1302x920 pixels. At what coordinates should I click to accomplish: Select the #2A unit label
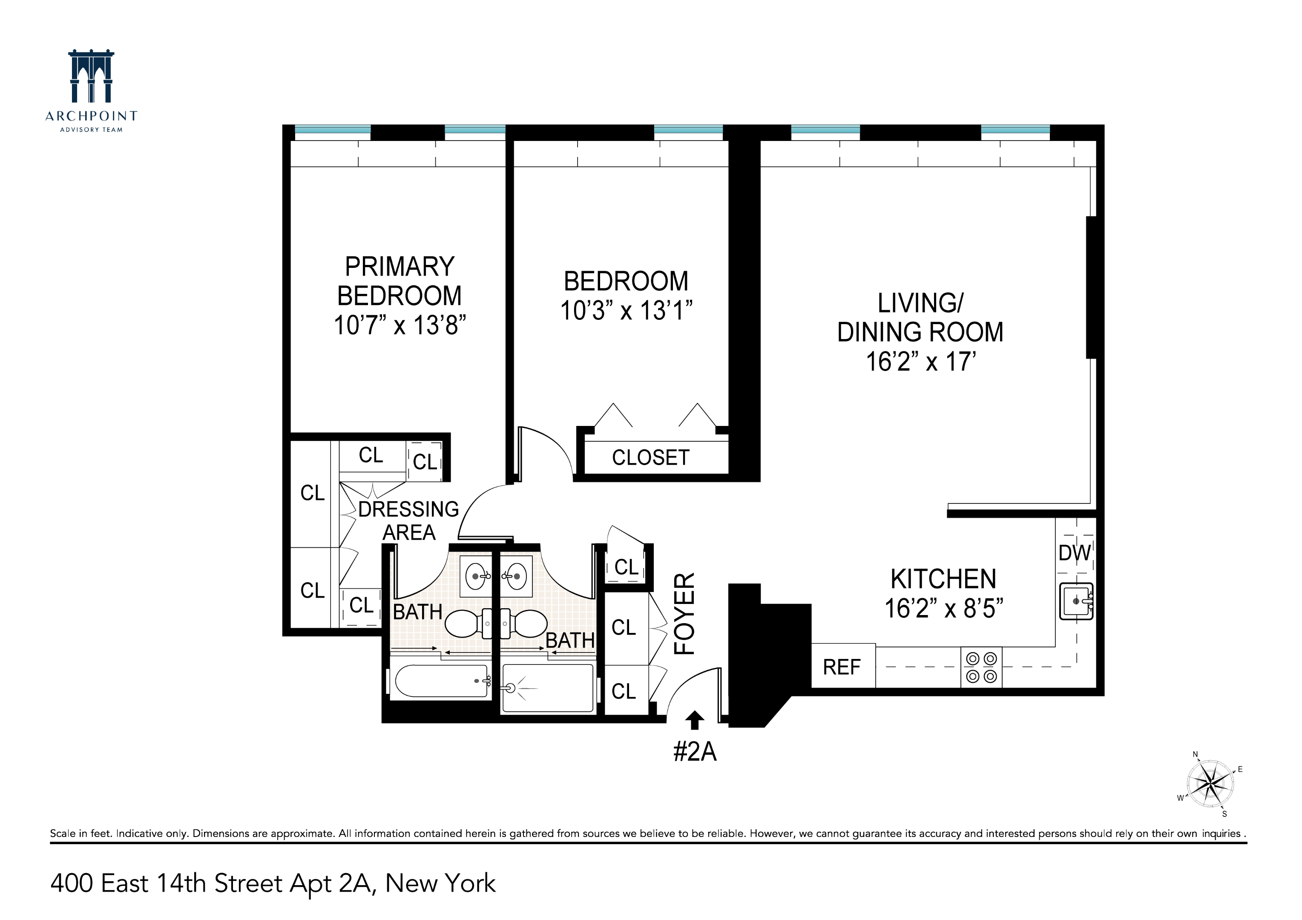tap(695, 752)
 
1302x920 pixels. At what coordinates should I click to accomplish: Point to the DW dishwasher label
tap(1074, 553)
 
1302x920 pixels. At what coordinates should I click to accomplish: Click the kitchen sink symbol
tap(1076, 601)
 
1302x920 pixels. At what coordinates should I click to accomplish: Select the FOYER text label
tap(684, 614)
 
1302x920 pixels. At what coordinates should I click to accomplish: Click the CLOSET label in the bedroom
tap(650, 457)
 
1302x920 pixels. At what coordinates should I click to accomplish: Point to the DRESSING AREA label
tap(408, 520)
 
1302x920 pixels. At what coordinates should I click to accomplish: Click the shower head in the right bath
tap(510, 688)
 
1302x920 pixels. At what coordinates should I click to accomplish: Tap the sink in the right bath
tap(516, 577)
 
